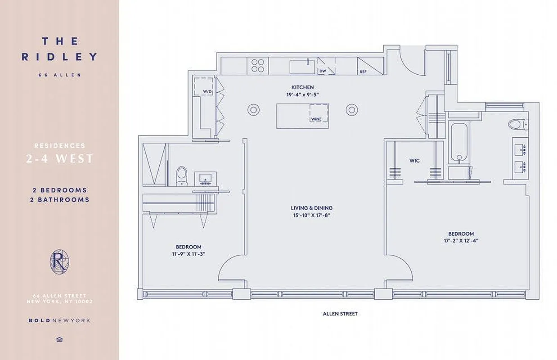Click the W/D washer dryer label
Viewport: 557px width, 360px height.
click(x=207, y=91)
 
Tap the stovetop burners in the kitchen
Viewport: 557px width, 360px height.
click(x=258, y=66)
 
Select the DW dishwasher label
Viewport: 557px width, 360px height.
click(x=322, y=71)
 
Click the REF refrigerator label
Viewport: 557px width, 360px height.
click(x=363, y=72)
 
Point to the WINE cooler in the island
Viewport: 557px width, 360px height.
click(x=315, y=119)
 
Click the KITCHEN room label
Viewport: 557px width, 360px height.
click(x=302, y=87)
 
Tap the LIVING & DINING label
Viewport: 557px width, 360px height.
click(x=311, y=208)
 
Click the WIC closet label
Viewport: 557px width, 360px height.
click(x=414, y=161)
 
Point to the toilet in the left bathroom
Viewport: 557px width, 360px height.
click(x=181, y=175)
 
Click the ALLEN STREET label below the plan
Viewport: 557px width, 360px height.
click(x=340, y=314)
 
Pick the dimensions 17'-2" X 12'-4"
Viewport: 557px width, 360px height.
click(x=461, y=241)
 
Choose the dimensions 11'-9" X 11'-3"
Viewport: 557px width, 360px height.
click(x=188, y=254)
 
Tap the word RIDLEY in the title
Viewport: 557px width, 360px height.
click(x=59, y=57)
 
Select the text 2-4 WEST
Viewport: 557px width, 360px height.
click(x=59, y=159)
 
